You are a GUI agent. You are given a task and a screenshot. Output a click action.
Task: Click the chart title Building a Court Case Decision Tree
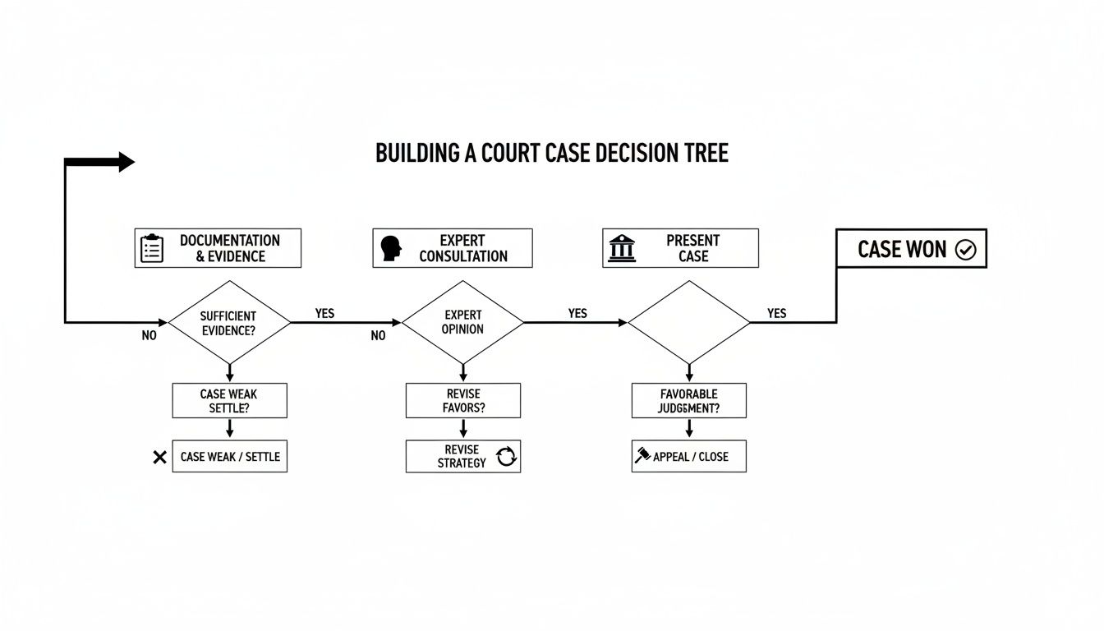point(551,154)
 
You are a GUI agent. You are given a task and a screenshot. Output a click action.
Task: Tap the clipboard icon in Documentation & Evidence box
point(152,248)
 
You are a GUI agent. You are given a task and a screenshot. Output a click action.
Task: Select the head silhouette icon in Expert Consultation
point(391,248)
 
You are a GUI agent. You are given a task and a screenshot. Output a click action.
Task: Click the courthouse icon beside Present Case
point(622,248)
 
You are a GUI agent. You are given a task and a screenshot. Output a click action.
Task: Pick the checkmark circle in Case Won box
point(966,250)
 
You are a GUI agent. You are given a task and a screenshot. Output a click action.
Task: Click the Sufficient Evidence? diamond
point(229,322)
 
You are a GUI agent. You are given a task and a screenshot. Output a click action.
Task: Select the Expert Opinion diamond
point(462,322)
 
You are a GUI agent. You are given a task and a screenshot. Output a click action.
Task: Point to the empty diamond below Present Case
point(688,322)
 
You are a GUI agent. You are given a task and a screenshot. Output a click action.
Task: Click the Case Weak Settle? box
point(229,400)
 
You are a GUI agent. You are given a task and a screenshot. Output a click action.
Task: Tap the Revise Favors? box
point(462,400)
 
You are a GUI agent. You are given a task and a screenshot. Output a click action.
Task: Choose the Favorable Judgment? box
point(688,400)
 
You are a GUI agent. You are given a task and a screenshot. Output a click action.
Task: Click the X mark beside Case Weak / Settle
point(160,457)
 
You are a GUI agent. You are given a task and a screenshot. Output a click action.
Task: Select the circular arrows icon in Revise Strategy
point(507,457)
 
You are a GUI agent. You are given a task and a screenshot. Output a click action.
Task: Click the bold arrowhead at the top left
point(126,162)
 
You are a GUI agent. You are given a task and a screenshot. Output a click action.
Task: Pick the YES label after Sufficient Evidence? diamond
point(324,314)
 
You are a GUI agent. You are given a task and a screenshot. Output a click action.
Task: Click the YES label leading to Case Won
point(776,313)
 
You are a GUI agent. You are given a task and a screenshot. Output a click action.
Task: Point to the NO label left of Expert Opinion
point(378,335)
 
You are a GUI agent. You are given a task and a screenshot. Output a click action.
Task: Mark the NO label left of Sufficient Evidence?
point(149,335)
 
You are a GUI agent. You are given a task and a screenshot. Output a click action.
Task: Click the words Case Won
point(902,250)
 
